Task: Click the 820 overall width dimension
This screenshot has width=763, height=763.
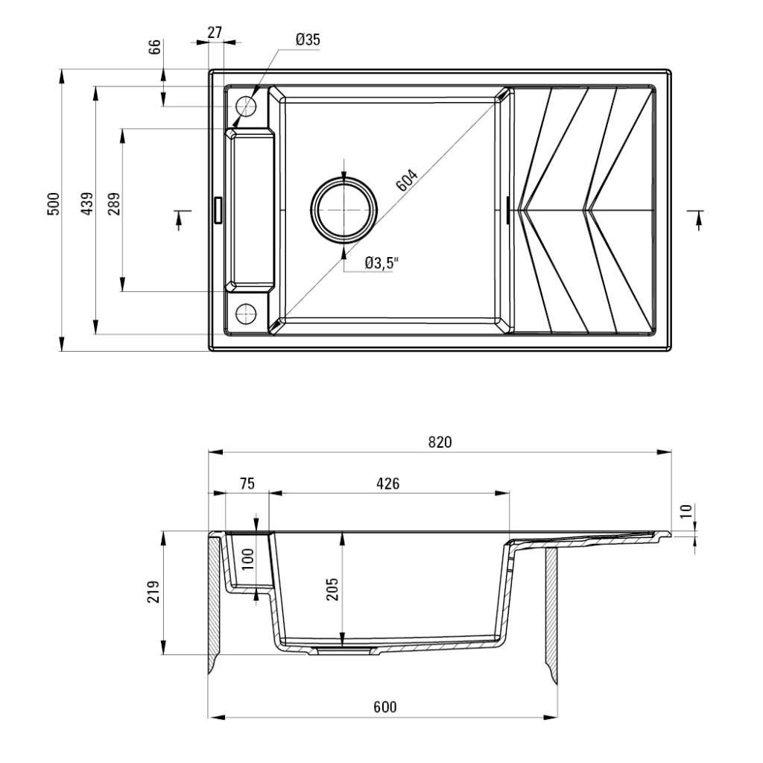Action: (440, 442)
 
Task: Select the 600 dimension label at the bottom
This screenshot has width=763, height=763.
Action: (384, 706)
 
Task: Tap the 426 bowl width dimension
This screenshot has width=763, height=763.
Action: (388, 484)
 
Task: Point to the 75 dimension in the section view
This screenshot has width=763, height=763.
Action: (247, 484)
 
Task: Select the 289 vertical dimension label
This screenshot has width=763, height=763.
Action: (113, 203)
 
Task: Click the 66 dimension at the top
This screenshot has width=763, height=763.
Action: (155, 47)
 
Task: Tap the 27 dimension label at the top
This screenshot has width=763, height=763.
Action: (214, 32)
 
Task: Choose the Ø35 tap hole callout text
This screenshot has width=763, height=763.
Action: (307, 40)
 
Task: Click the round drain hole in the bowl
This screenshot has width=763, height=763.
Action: (343, 211)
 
